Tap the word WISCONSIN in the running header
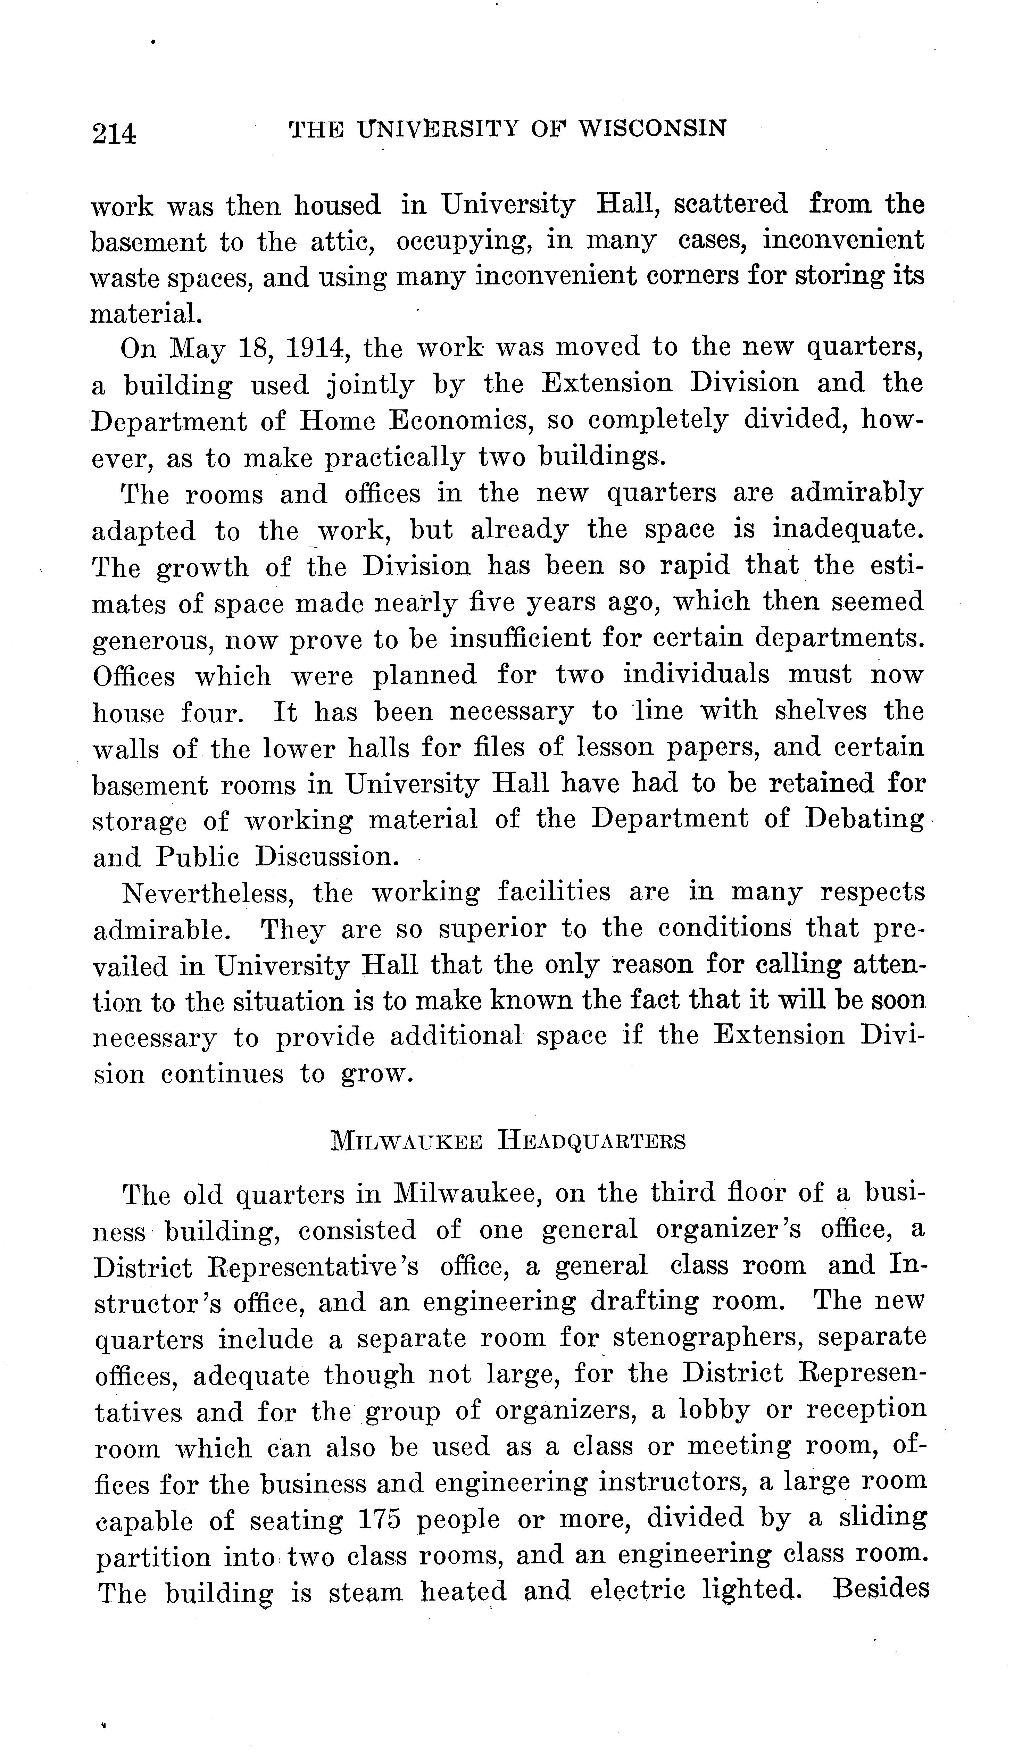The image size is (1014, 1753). pos(653,128)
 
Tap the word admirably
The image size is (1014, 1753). pos(856,493)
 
